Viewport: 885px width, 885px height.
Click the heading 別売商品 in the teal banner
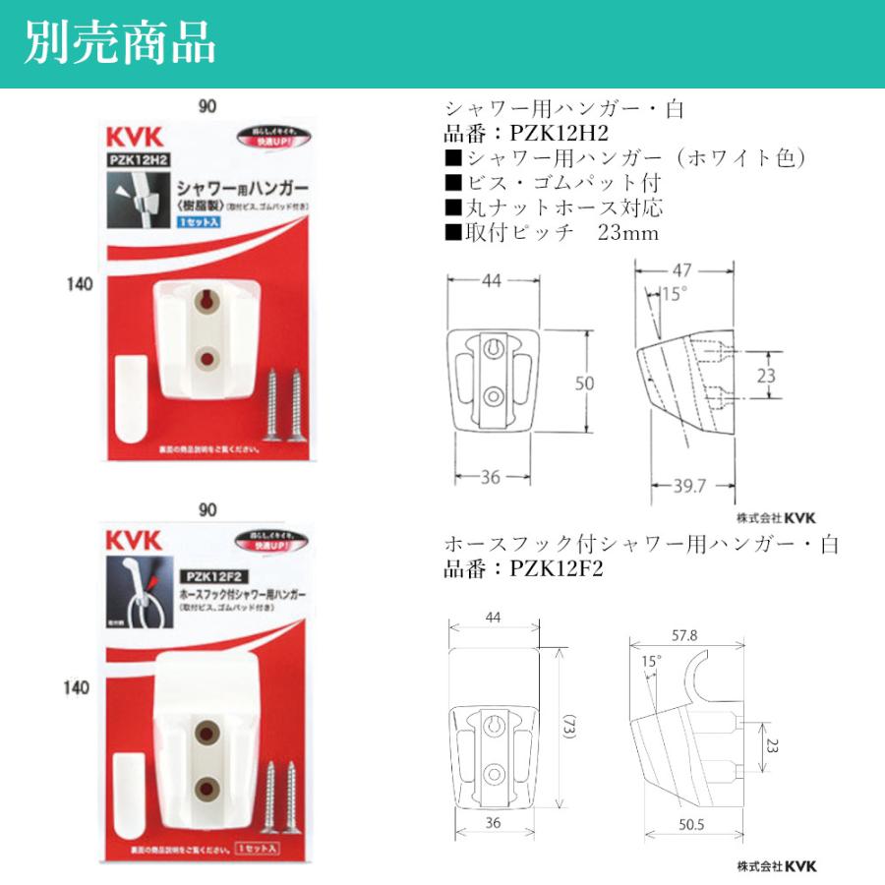point(120,44)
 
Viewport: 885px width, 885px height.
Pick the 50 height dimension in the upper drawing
point(585,383)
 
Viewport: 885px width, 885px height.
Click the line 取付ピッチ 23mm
point(552,233)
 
